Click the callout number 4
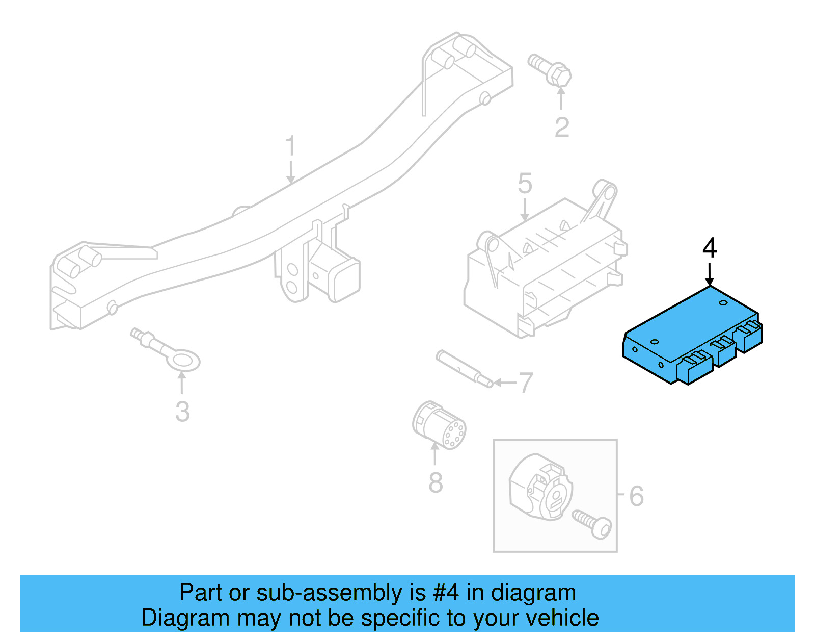point(710,248)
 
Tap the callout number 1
point(290,146)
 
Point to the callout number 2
point(561,128)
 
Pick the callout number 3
point(182,412)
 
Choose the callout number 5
point(525,184)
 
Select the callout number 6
point(636,496)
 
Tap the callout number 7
point(526,383)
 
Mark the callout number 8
point(436,482)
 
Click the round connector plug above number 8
point(439,426)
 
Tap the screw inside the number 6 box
point(592,524)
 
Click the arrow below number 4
point(710,275)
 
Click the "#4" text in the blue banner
point(446,593)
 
